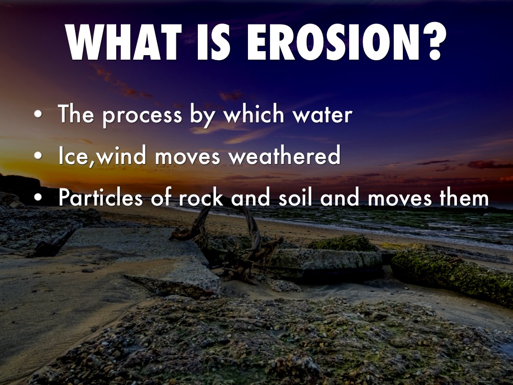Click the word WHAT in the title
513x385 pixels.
(x=124, y=42)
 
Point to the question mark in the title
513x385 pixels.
(x=434, y=42)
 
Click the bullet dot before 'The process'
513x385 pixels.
(x=38, y=114)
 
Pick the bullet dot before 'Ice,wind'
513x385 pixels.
(x=38, y=156)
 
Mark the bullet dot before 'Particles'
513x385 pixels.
(x=38, y=197)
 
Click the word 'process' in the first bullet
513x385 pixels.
(x=142, y=116)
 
